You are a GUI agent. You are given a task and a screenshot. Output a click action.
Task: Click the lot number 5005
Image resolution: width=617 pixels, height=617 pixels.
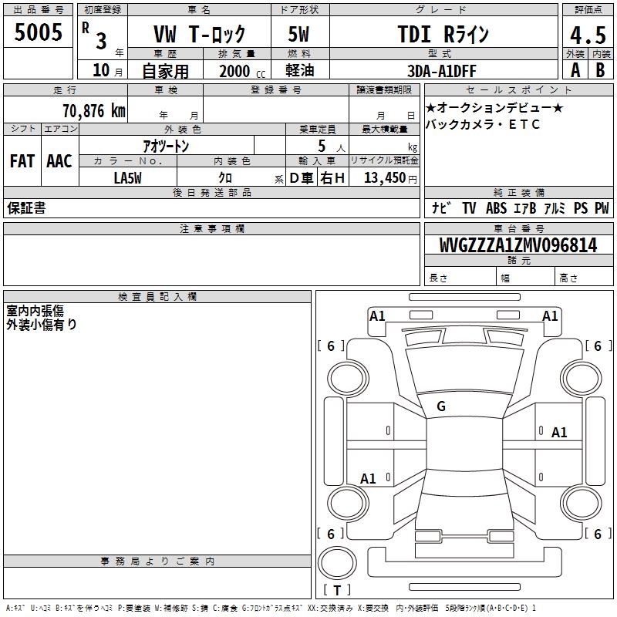38,32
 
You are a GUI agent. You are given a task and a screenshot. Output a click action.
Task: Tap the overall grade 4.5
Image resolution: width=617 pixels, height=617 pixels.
588,35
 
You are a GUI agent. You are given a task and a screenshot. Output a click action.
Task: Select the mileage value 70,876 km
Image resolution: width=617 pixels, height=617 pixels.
94,111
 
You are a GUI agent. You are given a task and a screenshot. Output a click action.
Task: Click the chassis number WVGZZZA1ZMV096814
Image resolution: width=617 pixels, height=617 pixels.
518,245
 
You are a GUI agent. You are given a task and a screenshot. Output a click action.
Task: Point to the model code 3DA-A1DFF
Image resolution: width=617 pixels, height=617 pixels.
441,71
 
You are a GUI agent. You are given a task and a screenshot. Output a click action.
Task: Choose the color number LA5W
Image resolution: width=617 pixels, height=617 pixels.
127,178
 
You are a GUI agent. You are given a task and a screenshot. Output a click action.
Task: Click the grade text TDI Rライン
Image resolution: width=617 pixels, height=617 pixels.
443,34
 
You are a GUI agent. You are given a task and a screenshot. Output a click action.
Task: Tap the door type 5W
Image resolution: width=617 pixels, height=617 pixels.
298,34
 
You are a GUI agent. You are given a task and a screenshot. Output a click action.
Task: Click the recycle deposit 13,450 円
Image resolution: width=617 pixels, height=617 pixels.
390,178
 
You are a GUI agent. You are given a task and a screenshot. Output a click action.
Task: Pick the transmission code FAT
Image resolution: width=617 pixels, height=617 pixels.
22,161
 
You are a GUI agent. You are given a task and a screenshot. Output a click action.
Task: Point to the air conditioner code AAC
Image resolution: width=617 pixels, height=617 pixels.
59,161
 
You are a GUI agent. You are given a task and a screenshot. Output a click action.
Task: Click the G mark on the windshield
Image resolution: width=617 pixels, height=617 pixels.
441,406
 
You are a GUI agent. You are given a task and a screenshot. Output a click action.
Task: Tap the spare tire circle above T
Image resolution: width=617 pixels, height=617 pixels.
337,563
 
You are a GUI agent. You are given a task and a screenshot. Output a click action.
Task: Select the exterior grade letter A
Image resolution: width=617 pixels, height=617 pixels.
575,70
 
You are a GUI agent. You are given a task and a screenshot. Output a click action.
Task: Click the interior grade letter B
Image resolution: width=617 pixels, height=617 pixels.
600,70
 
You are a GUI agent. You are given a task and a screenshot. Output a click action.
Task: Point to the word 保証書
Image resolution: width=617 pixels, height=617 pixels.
26,207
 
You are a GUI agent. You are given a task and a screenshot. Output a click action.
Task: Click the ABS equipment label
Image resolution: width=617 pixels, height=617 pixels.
496,208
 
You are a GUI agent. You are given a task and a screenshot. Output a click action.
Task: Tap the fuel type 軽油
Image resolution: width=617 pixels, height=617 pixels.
300,70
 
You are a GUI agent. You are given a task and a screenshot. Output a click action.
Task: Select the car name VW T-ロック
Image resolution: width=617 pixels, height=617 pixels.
200,34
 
